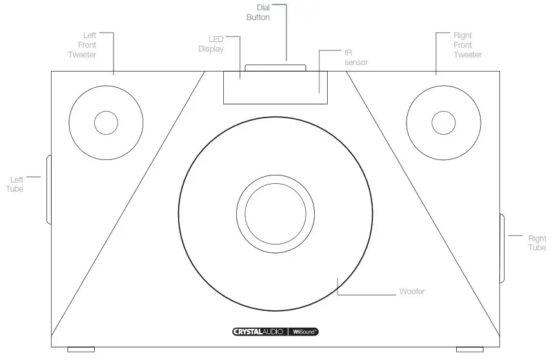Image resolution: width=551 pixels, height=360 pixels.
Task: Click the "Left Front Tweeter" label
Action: point(82,45)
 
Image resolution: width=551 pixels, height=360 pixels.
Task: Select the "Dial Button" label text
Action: point(257,12)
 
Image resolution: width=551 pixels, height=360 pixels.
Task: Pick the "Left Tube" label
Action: point(15,184)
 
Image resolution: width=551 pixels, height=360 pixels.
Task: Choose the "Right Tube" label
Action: point(537,243)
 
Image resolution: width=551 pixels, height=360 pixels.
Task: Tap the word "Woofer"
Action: point(412,292)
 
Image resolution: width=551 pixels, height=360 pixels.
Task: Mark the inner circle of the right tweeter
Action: point(444,123)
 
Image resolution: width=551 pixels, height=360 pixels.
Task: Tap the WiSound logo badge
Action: point(304,332)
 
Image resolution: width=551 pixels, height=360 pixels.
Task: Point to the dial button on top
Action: point(275,67)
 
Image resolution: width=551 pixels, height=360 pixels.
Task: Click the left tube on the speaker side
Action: point(49,190)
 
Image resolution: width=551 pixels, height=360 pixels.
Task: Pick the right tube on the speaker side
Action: point(502,248)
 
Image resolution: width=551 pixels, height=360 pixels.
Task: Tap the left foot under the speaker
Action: point(81,350)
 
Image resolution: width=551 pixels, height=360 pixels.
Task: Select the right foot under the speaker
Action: point(469,350)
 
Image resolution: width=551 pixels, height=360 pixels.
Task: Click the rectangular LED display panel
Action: point(275,88)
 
